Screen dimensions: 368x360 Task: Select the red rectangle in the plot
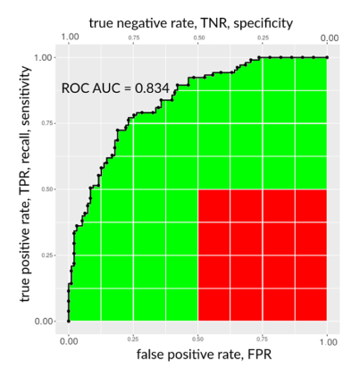pyautogui.click(x=263, y=255)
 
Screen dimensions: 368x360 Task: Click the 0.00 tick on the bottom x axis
pyautogui.click(x=68, y=339)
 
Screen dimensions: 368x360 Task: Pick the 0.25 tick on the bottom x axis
pyautogui.click(x=133, y=339)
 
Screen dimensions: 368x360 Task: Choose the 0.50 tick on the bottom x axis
pyautogui.click(x=197, y=339)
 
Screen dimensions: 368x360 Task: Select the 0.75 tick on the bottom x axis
pyautogui.click(x=263, y=339)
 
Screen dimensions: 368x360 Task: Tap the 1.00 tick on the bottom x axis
pyautogui.click(x=328, y=339)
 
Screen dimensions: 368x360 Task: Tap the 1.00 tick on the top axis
pyautogui.click(x=68, y=38)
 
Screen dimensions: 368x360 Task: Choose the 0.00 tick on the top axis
pyautogui.click(x=328, y=38)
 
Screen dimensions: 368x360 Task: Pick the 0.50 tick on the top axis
pyautogui.click(x=197, y=39)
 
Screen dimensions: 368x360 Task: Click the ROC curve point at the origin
pyautogui.click(x=68, y=321)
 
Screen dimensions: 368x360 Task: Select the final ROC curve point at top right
pyautogui.click(x=328, y=57)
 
